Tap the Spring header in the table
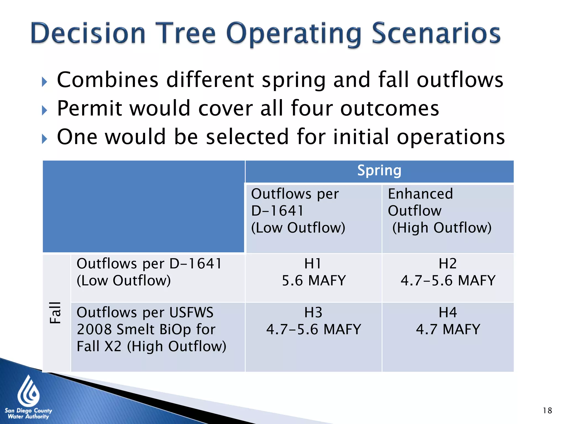pyautogui.click(x=379, y=170)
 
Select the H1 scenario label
pyautogui.click(x=313, y=263)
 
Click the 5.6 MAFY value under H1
pyautogui.click(x=314, y=280)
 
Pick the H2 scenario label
pyautogui.click(x=448, y=263)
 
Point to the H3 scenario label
pyautogui.click(x=313, y=312)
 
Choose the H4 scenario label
pyautogui.click(x=448, y=312)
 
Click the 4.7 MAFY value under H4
pyautogui.click(x=448, y=329)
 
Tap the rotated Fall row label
pyautogui.click(x=55, y=312)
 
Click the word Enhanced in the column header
pyautogui.click(x=420, y=194)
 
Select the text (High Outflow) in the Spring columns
pyautogui.click(x=442, y=228)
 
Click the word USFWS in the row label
pyautogui.click(x=191, y=312)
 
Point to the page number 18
pyautogui.click(x=547, y=410)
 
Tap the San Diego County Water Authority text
pyautogui.click(x=28, y=414)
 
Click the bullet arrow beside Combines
pyautogui.click(x=44, y=82)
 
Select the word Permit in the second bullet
pyautogui.click(x=89, y=108)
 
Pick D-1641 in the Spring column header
pyautogui.click(x=277, y=211)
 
